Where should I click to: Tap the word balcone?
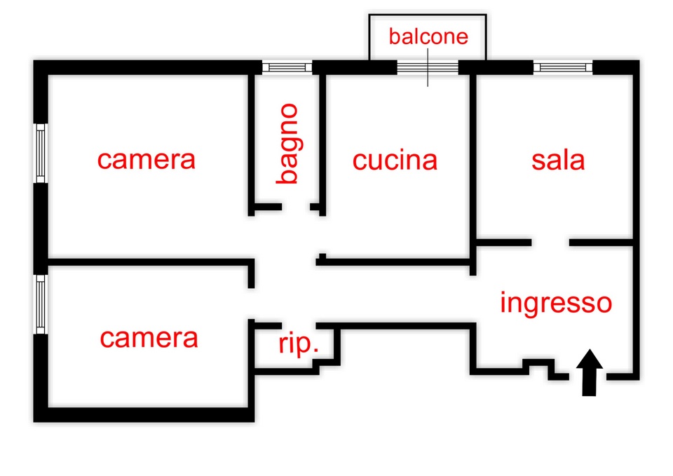pos(428,36)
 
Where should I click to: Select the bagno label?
pos(287,144)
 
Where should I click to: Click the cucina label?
pos(395,160)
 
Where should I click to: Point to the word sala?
pos(558,160)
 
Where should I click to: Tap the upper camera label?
pos(146,159)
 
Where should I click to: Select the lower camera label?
pos(149,339)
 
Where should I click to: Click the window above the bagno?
pos(287,67)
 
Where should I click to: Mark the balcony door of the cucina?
pos(428,67)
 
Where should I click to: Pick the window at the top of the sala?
pos(563,67)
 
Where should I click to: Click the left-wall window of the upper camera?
pos(41,153)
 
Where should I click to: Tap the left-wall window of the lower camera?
pos(41,304)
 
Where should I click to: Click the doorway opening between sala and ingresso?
pos(550,243)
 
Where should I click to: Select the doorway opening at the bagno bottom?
pos(297,208)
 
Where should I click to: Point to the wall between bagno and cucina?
pos(323,140)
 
